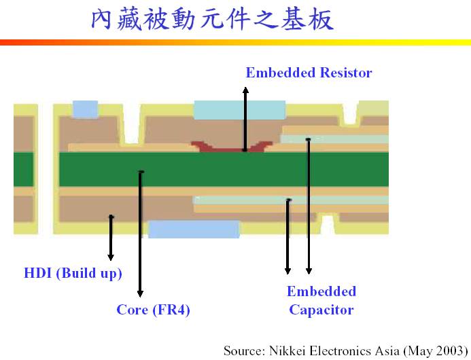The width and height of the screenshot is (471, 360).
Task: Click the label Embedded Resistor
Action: (x=309, y=73)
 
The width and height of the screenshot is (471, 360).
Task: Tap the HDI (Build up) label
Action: (x=73, y=273)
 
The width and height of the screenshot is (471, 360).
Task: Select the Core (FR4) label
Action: (x=153, y=310)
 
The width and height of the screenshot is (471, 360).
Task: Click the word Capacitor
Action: (x=321, y=310)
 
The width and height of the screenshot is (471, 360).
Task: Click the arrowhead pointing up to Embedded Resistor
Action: (x=245, y=90)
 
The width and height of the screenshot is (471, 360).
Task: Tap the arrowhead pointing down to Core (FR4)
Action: (x=140, y=293)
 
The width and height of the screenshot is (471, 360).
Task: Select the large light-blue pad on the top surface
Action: (x=240, y=110)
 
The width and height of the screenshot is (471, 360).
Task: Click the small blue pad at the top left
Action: (x=86, y=109)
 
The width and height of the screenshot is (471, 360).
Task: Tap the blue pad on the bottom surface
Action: (x=194, y=230)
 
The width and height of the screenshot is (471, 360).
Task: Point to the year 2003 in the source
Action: (x=450, y=350)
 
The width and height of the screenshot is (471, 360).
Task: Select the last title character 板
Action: (x=322, y=19)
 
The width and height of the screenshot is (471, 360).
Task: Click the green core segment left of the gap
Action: (x=24, y=169)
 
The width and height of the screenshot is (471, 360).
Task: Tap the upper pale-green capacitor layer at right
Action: (x=334, y=139)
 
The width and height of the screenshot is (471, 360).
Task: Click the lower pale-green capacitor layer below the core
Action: (x=291, y=200)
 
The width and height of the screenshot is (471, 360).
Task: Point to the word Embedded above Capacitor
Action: (x=321, y=291)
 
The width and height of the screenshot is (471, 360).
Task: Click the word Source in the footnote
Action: (x=244, y=350)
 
